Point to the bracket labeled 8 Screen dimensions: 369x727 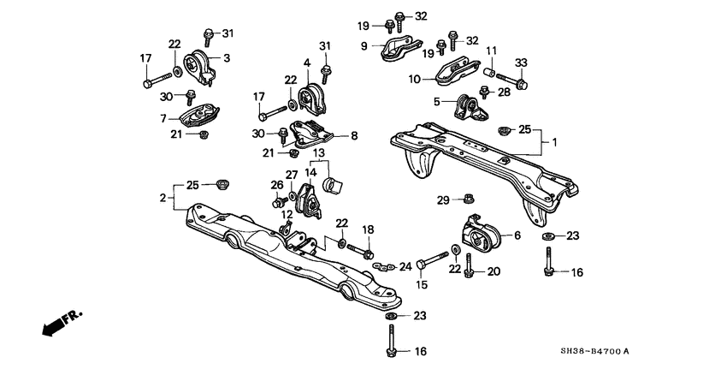pos(312,134)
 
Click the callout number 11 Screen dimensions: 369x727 pos(491,51)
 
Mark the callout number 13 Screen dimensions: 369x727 pos(318,153)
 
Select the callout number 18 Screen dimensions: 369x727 pos(369,229)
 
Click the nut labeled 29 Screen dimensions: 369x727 pos(470,200)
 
